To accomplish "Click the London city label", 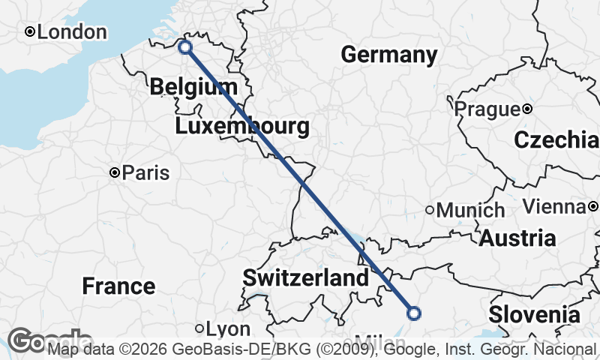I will (71, 32).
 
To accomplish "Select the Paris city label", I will (145, 173).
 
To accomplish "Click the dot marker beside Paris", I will (115, 172).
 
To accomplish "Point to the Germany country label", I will (388, 55).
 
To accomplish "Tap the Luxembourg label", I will (242, 126).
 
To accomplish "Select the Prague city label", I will (487, 109).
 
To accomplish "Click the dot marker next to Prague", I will (527, 109).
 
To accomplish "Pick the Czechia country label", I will (556, 140).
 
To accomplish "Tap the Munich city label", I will (470, 211).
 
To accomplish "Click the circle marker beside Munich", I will (430, 210).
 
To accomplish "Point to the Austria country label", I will (517, 238).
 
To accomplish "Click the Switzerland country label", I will (305, 278).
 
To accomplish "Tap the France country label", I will (118, 286).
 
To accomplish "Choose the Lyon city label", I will (227, 329).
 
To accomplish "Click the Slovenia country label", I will (534, 314).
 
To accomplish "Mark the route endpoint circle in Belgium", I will (185, 47).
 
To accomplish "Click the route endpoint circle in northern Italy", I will (413, 313).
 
